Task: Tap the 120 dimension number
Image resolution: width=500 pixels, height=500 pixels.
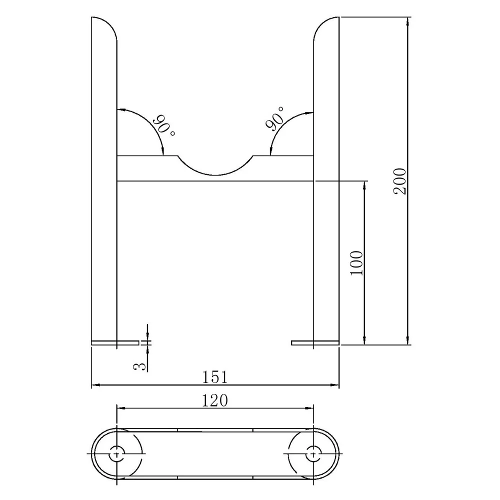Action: point(215,400)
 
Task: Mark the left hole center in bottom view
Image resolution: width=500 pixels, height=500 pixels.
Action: point(116,453)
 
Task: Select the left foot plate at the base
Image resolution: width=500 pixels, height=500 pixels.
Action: point(115,343)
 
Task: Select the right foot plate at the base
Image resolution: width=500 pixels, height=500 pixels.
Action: point(315,343)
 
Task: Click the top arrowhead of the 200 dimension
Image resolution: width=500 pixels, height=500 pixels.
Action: point(409,21)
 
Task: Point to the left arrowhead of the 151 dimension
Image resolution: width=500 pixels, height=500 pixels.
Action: point(95,385)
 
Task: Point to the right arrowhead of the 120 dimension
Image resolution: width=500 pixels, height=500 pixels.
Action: point(310,408)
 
